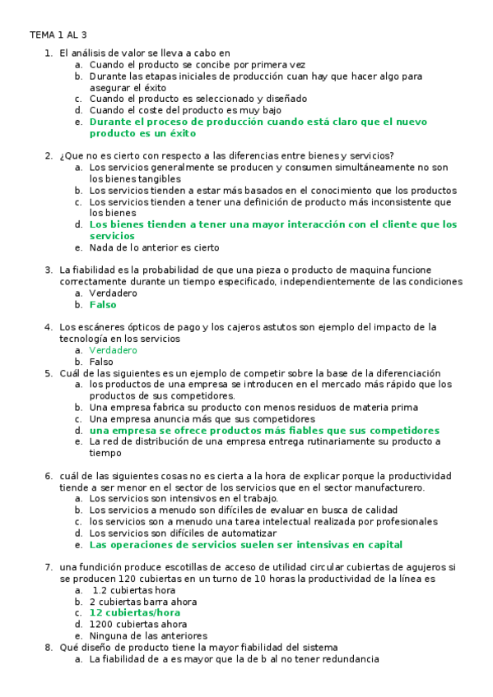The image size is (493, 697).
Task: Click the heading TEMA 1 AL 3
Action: click(x=58, y=35)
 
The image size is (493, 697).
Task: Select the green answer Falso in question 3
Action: click(x=103, y=304)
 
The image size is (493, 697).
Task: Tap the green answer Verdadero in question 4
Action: click(x=114, y=350)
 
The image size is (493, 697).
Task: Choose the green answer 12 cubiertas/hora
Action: click(x=134, y=612)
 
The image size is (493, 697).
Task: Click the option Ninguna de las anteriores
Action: click(x=148, y=635)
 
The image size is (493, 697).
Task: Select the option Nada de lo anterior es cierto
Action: click(x=154, y=247)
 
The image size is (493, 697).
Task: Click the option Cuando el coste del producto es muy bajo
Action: click(x=185, y=110)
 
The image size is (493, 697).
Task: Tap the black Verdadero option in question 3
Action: click(x=114, y=293)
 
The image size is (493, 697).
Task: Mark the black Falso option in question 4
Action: click(x=101, y=362)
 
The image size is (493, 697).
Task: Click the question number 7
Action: click(x=49, y=567)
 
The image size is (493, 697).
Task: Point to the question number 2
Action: click(x=49, y=155)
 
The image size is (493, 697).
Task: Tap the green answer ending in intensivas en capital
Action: click(x=245, y=544)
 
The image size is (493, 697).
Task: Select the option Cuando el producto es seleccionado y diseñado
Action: click(x=198, y=99)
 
